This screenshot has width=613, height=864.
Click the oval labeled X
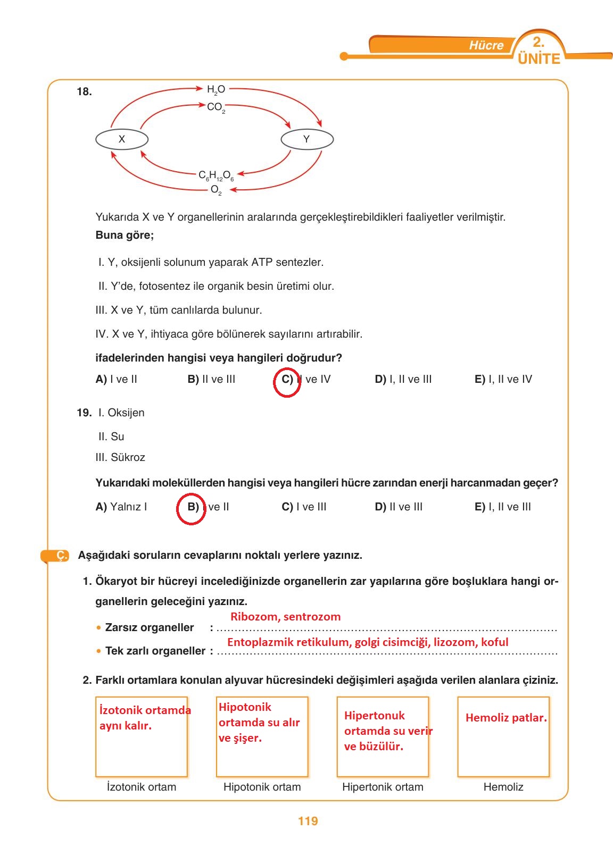point(122,139)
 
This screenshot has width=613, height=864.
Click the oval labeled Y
point(306,139)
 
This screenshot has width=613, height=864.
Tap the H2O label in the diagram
point(216,89)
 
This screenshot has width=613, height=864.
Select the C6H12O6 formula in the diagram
point(216,175)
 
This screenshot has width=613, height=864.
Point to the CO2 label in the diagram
point(216,107)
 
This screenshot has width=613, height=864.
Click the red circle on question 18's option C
point(287,382)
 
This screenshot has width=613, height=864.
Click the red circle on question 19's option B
point(191,509)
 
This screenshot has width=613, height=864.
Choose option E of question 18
point(503,379)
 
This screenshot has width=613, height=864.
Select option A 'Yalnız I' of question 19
point(121,507)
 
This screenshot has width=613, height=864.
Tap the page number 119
point(308,821)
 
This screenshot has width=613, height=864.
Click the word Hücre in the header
point(486,46)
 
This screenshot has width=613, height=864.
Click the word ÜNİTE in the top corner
point(539,58)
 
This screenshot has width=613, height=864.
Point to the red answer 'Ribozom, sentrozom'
point(285,617)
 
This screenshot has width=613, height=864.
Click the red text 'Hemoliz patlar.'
point(506,718)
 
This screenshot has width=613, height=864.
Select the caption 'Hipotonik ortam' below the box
point(262,787)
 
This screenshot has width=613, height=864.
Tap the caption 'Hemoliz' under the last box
point(503,787)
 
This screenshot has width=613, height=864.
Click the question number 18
point(84,92)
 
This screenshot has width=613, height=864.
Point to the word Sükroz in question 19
point(128,457)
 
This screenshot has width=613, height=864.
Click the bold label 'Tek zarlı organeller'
point(155,651)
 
